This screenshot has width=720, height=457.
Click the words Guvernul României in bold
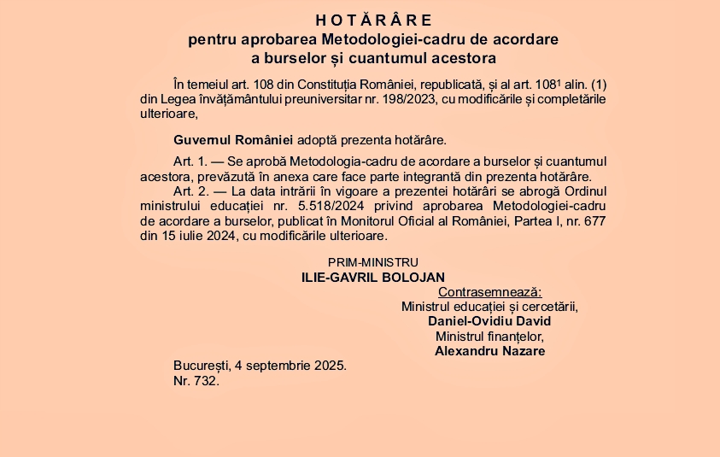[x=233, y=139]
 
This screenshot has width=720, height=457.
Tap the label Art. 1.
[x=190, y=161]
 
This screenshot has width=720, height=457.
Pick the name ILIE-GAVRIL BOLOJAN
[x=373, y=278]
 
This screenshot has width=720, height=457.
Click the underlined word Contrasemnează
[x=489, y=292]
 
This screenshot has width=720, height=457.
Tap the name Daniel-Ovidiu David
[x=489, y=321]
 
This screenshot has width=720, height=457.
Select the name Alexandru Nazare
[x=489, y=350]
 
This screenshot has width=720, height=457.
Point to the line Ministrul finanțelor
[x=489, y=336]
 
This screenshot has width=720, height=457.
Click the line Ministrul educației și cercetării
[x=489, y=307]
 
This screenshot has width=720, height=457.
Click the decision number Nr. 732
[x=196, y=381]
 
